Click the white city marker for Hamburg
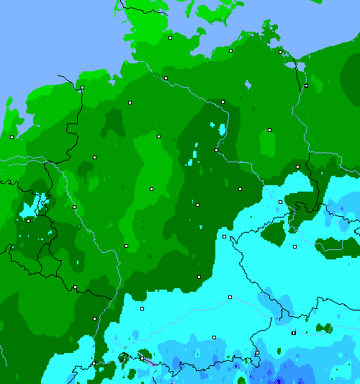point(166,78)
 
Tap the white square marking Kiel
point(171,37)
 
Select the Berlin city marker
point(269,130)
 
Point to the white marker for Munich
point(214,336)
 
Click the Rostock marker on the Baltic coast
point(230,51)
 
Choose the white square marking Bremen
point(130,103)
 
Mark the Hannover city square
point(159,135)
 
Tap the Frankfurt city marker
point(126,246)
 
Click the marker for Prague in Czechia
point(294,246)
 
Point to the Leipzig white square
point(240,189)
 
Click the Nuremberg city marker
point(199,277)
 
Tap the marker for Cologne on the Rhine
point(74,207)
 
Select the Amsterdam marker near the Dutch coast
point(12,137)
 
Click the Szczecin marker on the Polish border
point(306,86)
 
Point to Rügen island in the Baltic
point(270,32)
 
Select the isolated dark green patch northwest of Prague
point(274,232)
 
